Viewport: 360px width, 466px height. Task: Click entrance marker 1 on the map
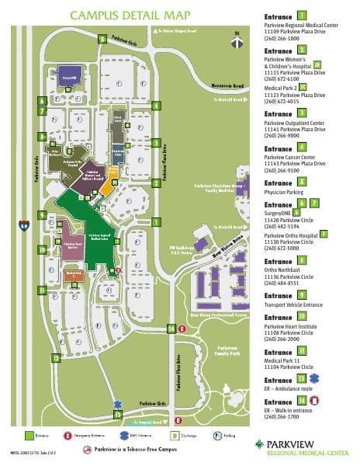point(156,221)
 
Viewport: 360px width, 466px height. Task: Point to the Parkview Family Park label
point(226,349)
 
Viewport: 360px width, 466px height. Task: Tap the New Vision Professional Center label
point(218,316)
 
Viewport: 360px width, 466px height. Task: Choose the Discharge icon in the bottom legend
point(175,437)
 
